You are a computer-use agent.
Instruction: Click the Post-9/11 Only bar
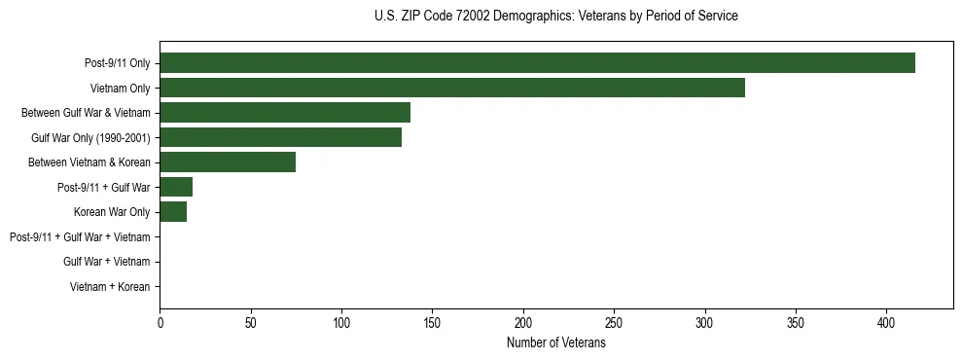pos(537,63)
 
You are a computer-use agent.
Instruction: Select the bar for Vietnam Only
pos(452,88)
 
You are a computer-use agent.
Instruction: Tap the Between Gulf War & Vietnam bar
pos(285,113)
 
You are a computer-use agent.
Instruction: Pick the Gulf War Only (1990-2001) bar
pos(280,137)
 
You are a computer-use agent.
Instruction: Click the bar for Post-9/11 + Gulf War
pos(176,187)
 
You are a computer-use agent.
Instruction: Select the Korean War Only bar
pos(173,212)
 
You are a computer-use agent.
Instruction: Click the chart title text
pos(555,17)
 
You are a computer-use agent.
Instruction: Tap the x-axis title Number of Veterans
pos(555,343)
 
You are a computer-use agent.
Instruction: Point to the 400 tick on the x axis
pos(887,322)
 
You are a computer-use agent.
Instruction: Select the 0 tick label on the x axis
pos(160,322)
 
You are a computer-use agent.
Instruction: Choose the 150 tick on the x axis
pos(433,322)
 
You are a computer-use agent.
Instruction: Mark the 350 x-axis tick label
pos(796,322)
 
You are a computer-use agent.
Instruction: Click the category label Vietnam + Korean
pos(110,287)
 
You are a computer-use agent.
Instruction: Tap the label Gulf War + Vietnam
pos(106,262)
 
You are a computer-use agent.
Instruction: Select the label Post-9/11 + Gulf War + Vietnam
pos(80,237)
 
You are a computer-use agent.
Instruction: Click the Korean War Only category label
pos(112,212)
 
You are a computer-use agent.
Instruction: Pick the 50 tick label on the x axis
pos(251,322)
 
